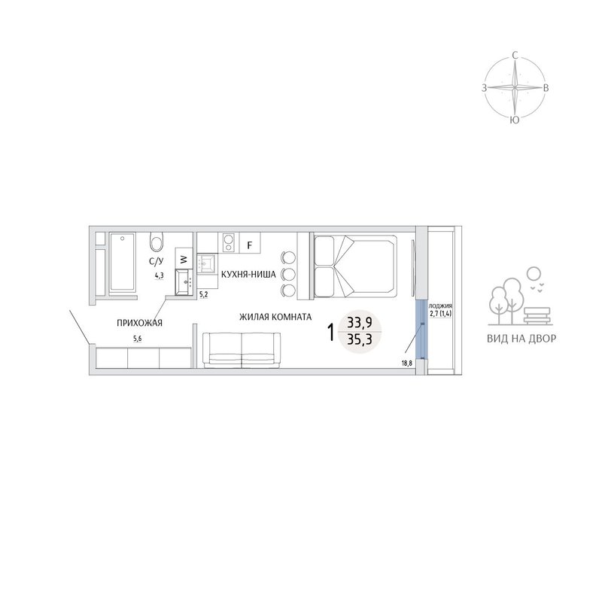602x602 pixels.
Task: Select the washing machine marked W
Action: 184,258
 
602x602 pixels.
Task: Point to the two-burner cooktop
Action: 229,242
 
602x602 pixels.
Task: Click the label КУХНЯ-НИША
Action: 248,275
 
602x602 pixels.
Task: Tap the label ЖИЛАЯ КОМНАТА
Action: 275,317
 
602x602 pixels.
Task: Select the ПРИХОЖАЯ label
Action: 139,324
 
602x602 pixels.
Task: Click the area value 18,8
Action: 407,363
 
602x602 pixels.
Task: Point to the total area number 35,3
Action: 360,339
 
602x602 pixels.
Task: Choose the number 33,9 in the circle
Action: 360,323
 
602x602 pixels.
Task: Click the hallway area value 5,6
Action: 137,338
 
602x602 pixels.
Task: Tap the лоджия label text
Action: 440,306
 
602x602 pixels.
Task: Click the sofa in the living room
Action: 242,350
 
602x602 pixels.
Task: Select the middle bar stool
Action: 288,274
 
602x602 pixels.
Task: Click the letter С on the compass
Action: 515,56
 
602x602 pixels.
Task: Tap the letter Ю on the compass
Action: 515,120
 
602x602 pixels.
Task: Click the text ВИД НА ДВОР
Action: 521,339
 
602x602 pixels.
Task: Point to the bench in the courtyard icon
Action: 537,316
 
